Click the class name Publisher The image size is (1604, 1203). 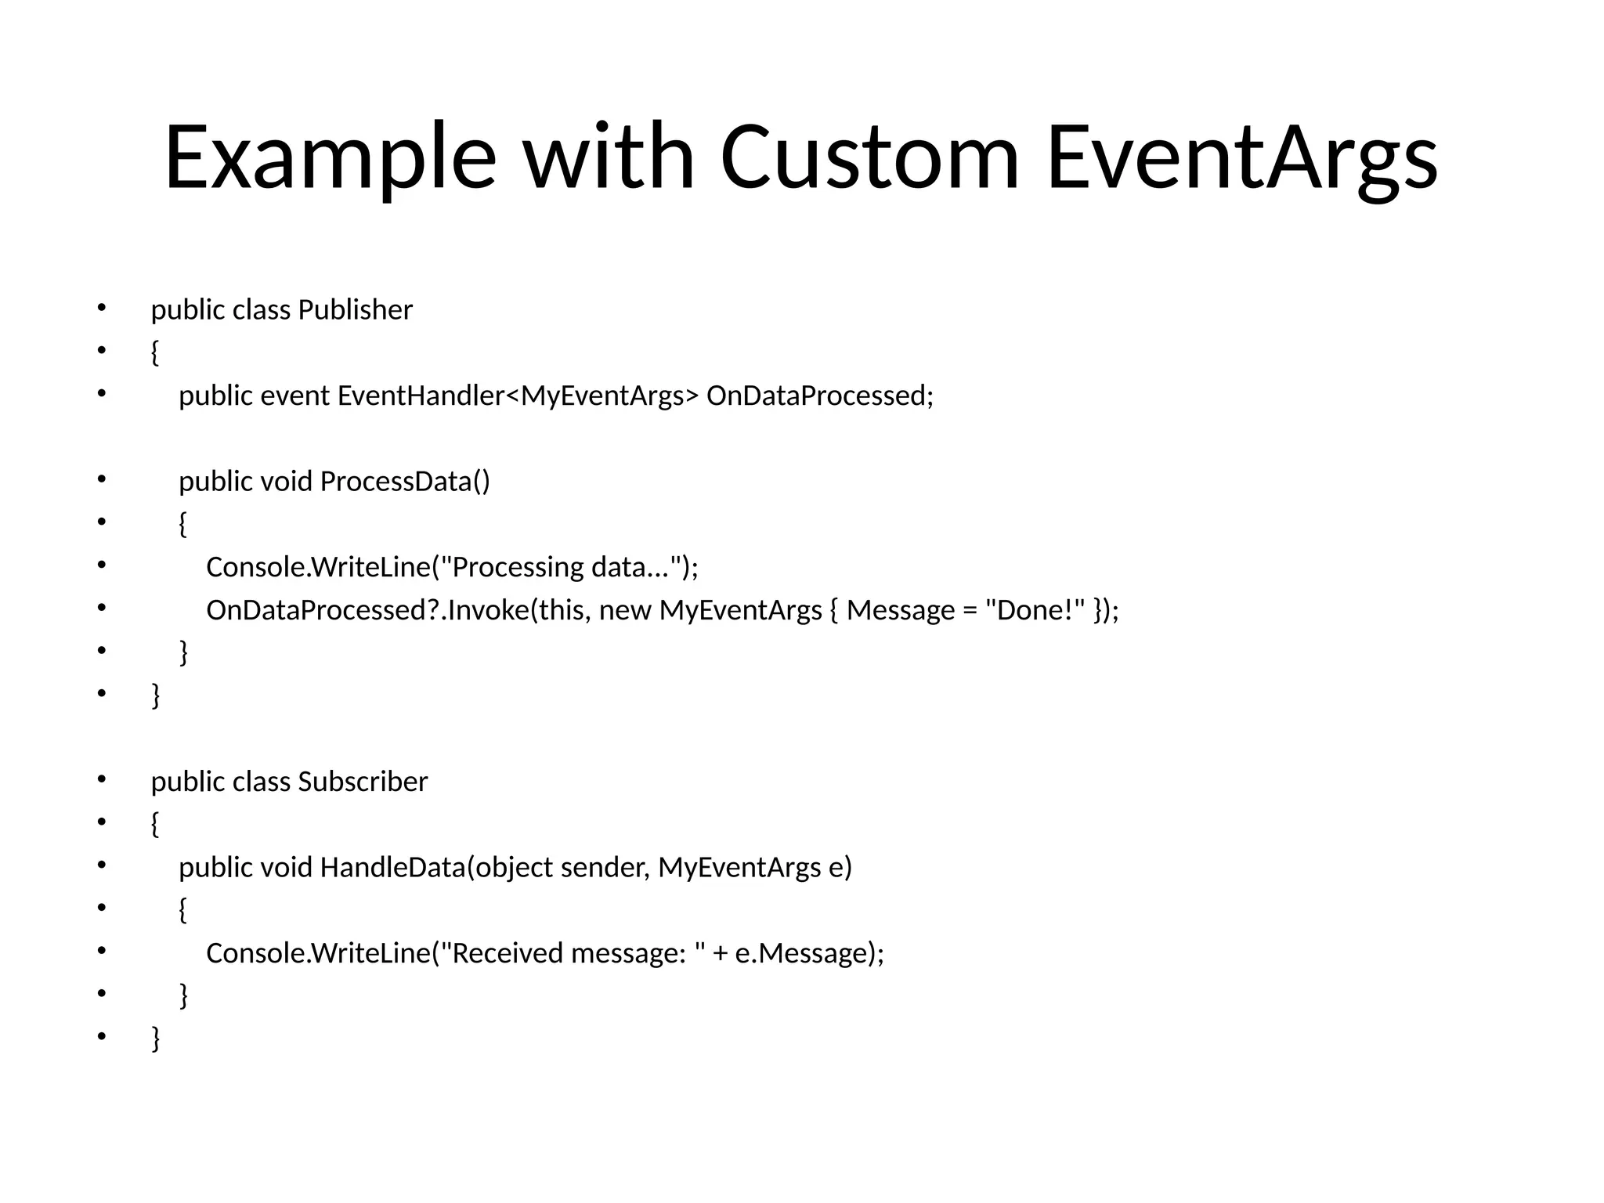point(355,310)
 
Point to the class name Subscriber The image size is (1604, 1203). point(363,782)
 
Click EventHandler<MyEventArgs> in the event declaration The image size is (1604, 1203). point(517,396)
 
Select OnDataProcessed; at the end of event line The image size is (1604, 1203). point(820,396)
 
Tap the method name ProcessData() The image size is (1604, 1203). point(405,482)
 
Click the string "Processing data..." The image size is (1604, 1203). point(562,567)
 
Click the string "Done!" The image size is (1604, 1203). point(1035,610)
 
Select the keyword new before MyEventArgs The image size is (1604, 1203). point(625,610)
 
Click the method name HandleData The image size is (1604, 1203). point(392,868)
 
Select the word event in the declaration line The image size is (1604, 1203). point(294,396)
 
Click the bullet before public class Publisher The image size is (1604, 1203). point(101,309)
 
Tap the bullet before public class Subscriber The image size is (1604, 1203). point(101,780)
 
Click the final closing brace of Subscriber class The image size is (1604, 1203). point(156,1039)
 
